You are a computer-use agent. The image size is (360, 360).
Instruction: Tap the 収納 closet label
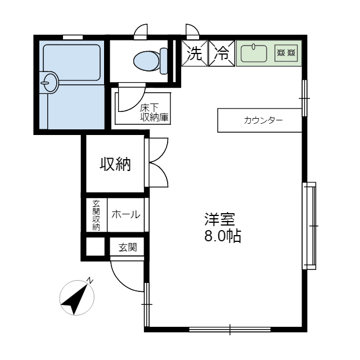pyautogui.click(x=115, y=164)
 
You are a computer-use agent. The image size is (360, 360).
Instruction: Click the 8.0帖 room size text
pyautogui.click(x=222, y=237)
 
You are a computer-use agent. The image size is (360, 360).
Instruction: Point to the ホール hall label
pyautogui.click(x=126, y=214)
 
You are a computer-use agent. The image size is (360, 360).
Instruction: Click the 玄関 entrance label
pyautogui.click(x=127, y=246)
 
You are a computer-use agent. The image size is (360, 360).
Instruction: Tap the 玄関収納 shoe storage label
pyautogui.click(x=96, y=215)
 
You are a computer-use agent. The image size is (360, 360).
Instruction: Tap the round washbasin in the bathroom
pyautogui.click(x=48, y=83)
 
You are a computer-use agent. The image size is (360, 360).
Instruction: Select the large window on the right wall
pyautogui.click(x=310, y=225)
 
